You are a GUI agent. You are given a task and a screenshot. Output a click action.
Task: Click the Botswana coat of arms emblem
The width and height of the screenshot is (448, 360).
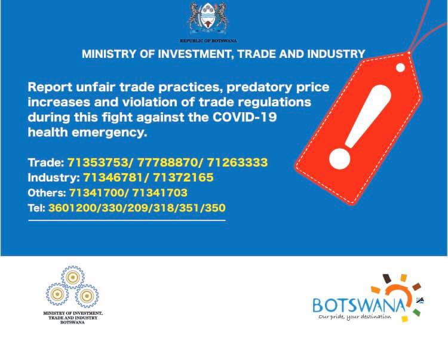(208, 19)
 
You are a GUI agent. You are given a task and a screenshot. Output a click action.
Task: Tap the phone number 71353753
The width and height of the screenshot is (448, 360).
(98, 162)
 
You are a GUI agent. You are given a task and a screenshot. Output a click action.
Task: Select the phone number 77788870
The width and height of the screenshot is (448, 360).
(168, 162)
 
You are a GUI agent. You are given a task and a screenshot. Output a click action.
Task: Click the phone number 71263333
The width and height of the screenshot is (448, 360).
(237, 162)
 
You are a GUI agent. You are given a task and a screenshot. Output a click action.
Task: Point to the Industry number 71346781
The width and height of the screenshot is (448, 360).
(113, 177)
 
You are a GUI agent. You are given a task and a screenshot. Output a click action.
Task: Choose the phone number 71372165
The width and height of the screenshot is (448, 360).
(183, 177)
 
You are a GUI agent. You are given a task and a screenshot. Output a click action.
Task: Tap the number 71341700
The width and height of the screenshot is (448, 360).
(97, 193)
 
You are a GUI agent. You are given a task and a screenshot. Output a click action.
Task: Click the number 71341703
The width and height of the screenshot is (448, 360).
(160, 193)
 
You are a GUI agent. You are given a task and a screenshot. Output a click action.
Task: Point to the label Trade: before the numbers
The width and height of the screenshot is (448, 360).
(46, 162)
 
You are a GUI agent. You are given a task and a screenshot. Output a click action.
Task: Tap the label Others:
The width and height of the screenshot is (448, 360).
(47, 193)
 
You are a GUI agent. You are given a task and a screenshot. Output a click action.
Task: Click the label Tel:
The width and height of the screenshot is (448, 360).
(36, 208)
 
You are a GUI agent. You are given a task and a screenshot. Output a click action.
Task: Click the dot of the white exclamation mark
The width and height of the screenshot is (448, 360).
(340, 159)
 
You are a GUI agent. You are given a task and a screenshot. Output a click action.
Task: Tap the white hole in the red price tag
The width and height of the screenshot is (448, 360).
(400, 67)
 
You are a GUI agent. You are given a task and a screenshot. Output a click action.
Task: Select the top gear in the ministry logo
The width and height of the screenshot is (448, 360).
(72, 277)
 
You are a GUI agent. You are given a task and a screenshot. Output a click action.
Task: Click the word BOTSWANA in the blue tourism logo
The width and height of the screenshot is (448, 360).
(360, 305)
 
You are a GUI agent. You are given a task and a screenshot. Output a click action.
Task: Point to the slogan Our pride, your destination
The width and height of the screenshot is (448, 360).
(355, 316)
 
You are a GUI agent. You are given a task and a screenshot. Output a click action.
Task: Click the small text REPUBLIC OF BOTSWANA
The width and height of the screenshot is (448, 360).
(208, 41)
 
